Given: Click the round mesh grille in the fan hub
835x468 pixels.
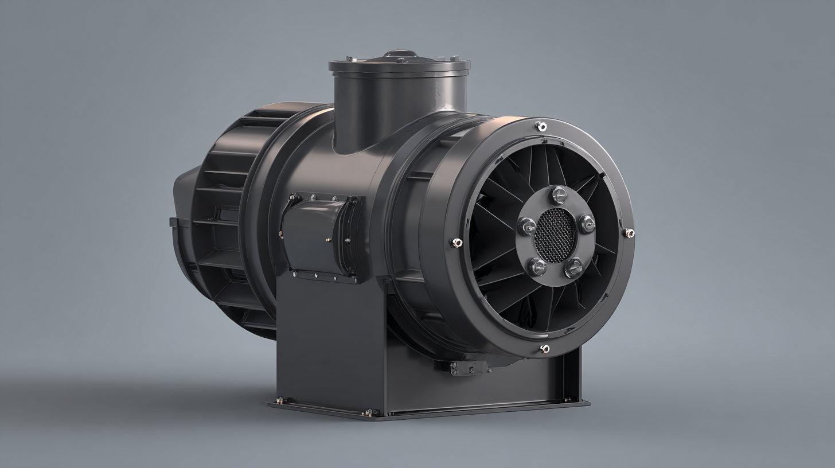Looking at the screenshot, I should [555, 235].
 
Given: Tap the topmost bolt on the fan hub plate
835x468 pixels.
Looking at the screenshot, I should [559, 195].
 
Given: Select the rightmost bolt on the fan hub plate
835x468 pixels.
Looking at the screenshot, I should [587, 223].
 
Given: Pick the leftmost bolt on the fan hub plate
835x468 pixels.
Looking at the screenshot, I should [526, 226].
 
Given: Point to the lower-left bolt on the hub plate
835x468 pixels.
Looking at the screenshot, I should [537, 266].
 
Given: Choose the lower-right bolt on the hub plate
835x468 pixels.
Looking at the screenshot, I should [573, 267].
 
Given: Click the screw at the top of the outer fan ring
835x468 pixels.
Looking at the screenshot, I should [540, 126].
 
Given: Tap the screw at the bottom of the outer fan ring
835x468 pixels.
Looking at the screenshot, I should [544, 349].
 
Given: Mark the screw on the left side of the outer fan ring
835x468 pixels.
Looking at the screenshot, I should [457, 243].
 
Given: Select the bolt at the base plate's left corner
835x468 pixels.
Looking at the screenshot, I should [280, 400].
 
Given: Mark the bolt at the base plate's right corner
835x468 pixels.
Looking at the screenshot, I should [568, 399].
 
